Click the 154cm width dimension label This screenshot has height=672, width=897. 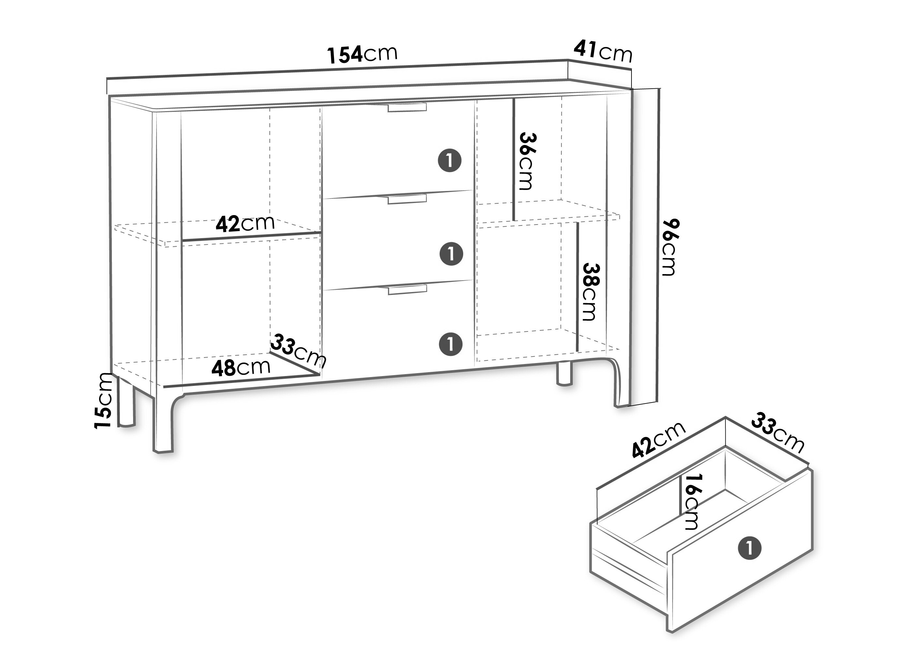[x=362, y=55]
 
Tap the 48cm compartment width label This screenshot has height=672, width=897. [x=241, y=367]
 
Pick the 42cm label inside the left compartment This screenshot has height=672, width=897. [x=245, y=224]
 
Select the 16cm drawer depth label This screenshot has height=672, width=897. [x=690, y=502]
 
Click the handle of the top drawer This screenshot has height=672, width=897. [x=407, y=107]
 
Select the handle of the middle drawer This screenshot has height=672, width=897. [x=407, y=199]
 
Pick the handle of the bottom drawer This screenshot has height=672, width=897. [x=407, y=290]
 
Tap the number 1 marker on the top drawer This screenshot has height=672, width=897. [x=450, y=161]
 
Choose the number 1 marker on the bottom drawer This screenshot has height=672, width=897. [x=450, y=344]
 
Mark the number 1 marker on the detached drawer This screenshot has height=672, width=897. [x=749, y=548]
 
